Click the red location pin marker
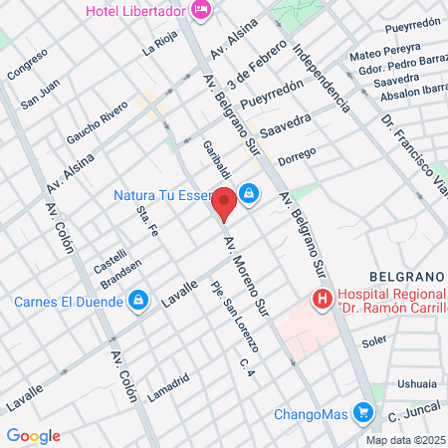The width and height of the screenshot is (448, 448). pyautogui.click(x=225, y=203)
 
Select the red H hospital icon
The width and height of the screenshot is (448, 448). pyautogui.click(x=322, y=298)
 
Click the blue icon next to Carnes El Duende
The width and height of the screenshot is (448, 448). pyautogui.click(x=139, y=298)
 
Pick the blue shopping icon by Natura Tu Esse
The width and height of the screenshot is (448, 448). pyautogui.click(x=249, y=194)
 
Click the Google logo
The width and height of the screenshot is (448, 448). pyautogui.click(x=33, y=435)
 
